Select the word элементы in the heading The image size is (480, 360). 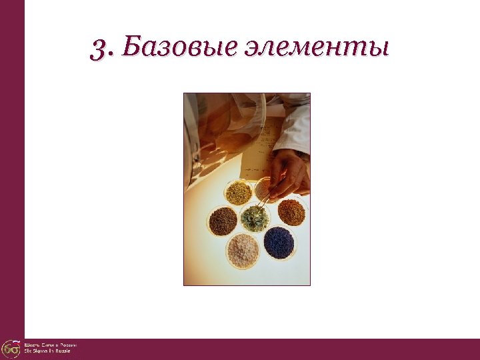317,49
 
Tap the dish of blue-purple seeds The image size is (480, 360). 279,242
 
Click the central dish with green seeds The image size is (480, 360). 255,217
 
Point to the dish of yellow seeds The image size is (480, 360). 238,193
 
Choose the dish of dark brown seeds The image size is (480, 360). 223,221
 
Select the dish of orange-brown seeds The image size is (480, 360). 291,213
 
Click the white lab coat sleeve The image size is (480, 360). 293,130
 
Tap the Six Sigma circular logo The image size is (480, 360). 11,349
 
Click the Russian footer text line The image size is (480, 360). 51,345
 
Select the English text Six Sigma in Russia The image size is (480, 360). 47,351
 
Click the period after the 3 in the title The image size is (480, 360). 110,55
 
